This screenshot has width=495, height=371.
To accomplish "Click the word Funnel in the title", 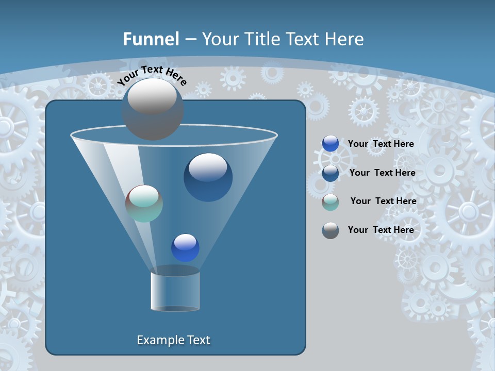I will tap(151, 39).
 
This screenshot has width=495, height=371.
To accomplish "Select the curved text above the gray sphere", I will tap(152, 75).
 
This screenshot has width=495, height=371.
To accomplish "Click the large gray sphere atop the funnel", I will tap(152, 109).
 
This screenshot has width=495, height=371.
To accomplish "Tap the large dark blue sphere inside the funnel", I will tap(208, 178).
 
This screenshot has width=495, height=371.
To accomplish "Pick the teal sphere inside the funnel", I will tap(144, 204).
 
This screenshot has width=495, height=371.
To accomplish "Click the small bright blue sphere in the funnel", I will tap(185, 248).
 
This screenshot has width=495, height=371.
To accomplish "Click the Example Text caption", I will tap(173, 340).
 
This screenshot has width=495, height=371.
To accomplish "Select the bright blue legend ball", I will tap(331, 144).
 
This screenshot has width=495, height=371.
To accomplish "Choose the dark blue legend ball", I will tap(331, 173).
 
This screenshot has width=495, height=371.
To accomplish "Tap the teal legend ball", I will tap(331, 201).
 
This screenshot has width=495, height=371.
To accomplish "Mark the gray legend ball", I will tap(331, 230).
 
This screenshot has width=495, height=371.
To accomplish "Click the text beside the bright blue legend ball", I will tap(381, 144).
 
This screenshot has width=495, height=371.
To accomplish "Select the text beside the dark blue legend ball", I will tap(382, 173).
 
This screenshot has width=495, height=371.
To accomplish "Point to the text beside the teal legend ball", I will tap(383, 201).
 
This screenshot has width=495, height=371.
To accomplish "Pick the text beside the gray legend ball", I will tap(381, 230).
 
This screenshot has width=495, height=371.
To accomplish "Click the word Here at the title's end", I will tap(345, 39).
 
